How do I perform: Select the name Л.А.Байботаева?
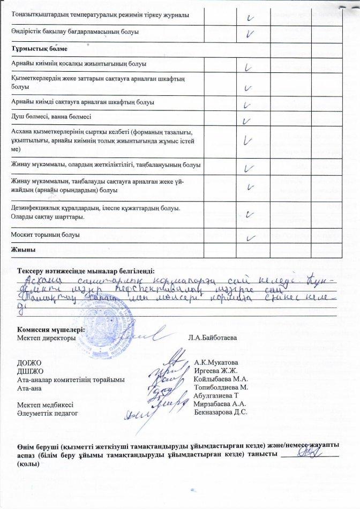213,338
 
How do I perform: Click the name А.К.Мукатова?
216,363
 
